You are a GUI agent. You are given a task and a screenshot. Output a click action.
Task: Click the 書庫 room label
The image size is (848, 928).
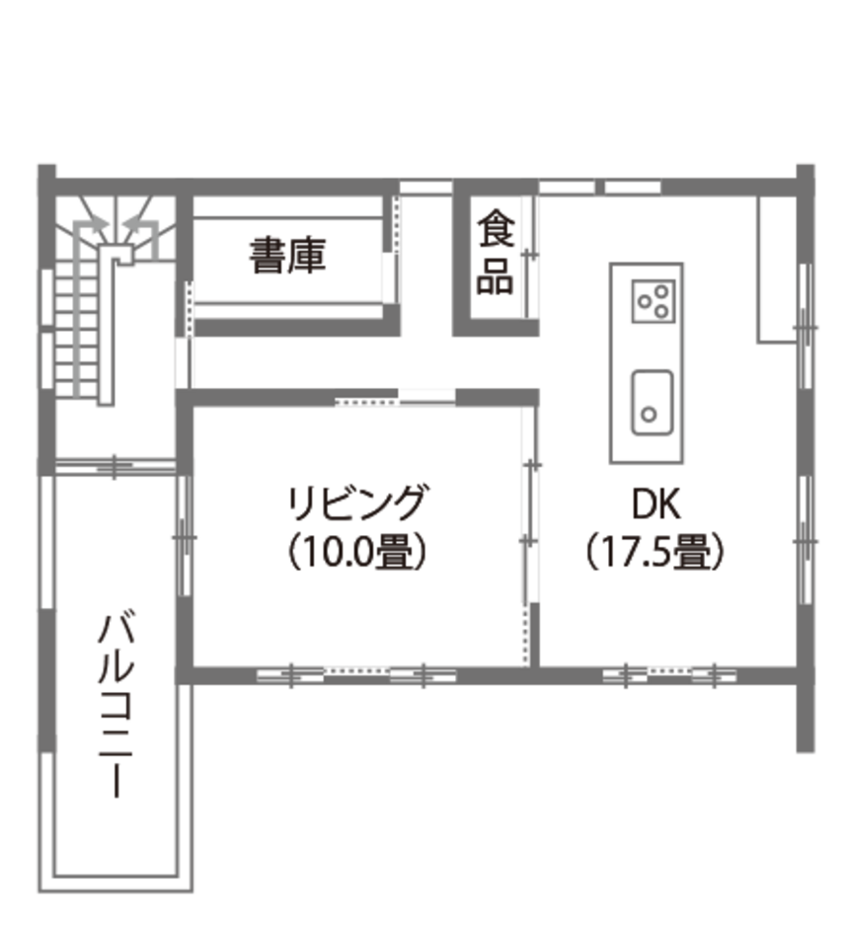click(x=287, y=256)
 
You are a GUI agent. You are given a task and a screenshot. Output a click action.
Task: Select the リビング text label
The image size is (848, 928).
click(x=356, y=503)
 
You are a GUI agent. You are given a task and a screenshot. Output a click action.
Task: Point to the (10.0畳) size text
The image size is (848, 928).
click(x=356, y=551)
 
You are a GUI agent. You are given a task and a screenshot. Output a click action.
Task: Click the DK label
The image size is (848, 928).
click(x=655, y=504)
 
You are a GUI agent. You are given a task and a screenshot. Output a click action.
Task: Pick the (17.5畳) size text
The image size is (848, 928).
click(x=655, y=551)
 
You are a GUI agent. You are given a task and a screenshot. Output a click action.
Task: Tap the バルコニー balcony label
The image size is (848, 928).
click(x=116, y=706)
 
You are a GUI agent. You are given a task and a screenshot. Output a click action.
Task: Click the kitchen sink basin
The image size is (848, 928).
click(x=653, y=403)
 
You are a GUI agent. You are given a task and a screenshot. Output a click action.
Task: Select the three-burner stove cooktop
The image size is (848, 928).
click(x=654, y=301)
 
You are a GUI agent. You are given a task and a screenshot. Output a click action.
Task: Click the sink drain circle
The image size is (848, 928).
click(x=650, y=414)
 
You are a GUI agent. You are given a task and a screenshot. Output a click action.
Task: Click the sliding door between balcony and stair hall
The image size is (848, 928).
click(x=116, y=466)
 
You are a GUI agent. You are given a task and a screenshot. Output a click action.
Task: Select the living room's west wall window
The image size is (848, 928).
click(x=184, y=536)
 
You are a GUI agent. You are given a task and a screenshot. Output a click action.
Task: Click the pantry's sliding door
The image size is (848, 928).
click(x=531, y=255)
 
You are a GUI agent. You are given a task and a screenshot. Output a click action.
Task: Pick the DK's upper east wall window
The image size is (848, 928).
click(x=805, y=326)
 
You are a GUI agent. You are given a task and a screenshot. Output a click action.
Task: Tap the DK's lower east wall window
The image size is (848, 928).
click(x=805, y=540)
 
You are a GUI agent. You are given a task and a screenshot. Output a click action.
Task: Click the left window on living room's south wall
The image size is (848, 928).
click(x=290, y=675)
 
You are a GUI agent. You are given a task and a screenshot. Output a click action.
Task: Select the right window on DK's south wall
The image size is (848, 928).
click(x=715, y=675)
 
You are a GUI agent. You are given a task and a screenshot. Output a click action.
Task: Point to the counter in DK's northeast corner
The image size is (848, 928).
click(x=778, y=270)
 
